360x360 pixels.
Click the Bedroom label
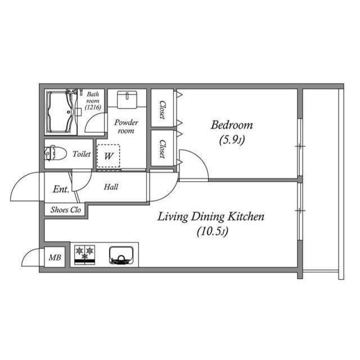coord(231,125)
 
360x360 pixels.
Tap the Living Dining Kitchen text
coord(210,217)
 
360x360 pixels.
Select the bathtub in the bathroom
coord(61,112)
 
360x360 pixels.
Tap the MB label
coord(55,258)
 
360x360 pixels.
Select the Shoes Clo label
coord(66,210)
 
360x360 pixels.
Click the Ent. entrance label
coord(60,190)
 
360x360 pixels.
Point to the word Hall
coord(111,187)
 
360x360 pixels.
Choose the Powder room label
coord(126,127)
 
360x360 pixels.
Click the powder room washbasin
coord(127,100)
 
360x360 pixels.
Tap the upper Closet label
coord(162,110)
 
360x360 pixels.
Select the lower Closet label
coord(162,149)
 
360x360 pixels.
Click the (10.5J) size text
coord(212,231)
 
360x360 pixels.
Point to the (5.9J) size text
coord(231,140)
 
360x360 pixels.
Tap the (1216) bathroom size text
coord(92,106)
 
